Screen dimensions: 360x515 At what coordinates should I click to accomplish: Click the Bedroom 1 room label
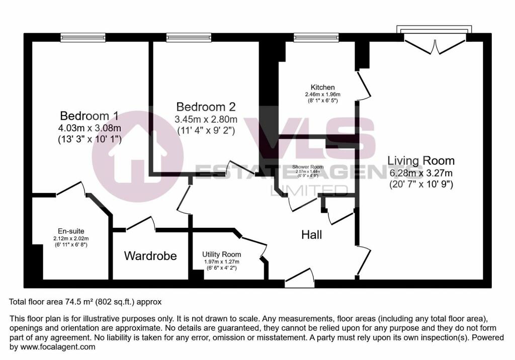(x=89, y=116)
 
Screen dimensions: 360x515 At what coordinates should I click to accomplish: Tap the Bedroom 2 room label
(x=206, y=107)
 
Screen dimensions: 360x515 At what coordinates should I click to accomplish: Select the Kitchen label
(x=322, y=87)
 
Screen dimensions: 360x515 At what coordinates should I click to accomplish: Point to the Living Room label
(x=421, y=161)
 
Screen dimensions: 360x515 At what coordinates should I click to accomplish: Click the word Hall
(x=311, y=235)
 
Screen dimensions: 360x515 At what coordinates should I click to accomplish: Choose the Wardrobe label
(x=150, y=256)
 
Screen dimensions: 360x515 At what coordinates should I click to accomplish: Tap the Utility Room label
(x=222, y=254)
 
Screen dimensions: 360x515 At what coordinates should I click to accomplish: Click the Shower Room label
(x=308, y=167)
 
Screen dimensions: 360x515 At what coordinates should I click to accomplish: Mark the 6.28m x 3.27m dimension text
(x=421, y=173)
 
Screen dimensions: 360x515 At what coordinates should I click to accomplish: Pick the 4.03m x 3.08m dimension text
(x=89, y=128)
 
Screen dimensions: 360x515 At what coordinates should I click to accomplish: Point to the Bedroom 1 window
(x=83, y=37)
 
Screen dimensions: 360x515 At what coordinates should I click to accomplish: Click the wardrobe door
(x=140, y=224)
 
